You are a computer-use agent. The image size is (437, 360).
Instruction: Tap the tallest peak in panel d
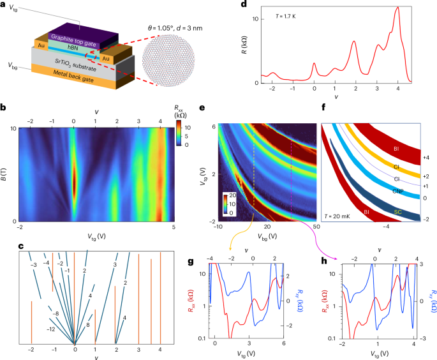click(398, 8)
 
